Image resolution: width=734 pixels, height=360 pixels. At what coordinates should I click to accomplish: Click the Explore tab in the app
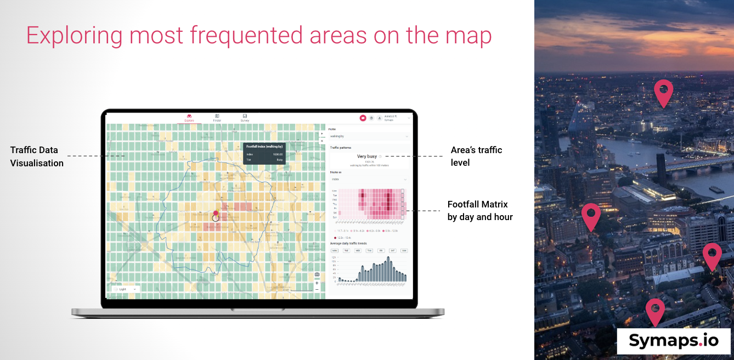[x=189, y=117]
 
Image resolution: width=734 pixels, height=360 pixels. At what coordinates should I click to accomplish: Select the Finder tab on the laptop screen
[x=217, y=117]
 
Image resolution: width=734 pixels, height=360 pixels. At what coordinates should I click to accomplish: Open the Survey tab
[x=245, y=117]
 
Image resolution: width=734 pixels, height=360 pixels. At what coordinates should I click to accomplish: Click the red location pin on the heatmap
[x=216, y=213]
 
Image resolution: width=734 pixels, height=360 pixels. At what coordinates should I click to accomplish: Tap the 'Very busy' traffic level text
[x=367, y=156]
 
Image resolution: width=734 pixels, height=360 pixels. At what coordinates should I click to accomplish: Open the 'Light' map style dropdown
[x=126, y=289]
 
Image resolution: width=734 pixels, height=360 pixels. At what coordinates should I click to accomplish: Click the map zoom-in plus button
[x=317, y=283]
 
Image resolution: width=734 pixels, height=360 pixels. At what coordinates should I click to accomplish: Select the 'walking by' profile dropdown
[x=368, y=136]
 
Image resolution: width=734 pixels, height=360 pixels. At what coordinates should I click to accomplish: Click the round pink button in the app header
[x=363, y=118]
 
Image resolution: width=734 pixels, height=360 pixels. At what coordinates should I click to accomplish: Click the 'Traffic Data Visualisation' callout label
[x=37, y=156]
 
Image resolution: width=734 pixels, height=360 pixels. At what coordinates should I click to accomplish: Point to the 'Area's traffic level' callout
[x=476, y=156]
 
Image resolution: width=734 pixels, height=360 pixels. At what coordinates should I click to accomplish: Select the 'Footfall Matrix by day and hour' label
[x=480, y=211]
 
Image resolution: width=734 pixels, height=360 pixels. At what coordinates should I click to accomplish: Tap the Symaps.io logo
[x=674, y=341]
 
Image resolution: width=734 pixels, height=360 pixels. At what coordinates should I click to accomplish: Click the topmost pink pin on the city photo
[x=663, y=93]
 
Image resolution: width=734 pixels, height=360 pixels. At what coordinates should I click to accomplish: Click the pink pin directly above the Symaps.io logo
[x=655, y=312]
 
